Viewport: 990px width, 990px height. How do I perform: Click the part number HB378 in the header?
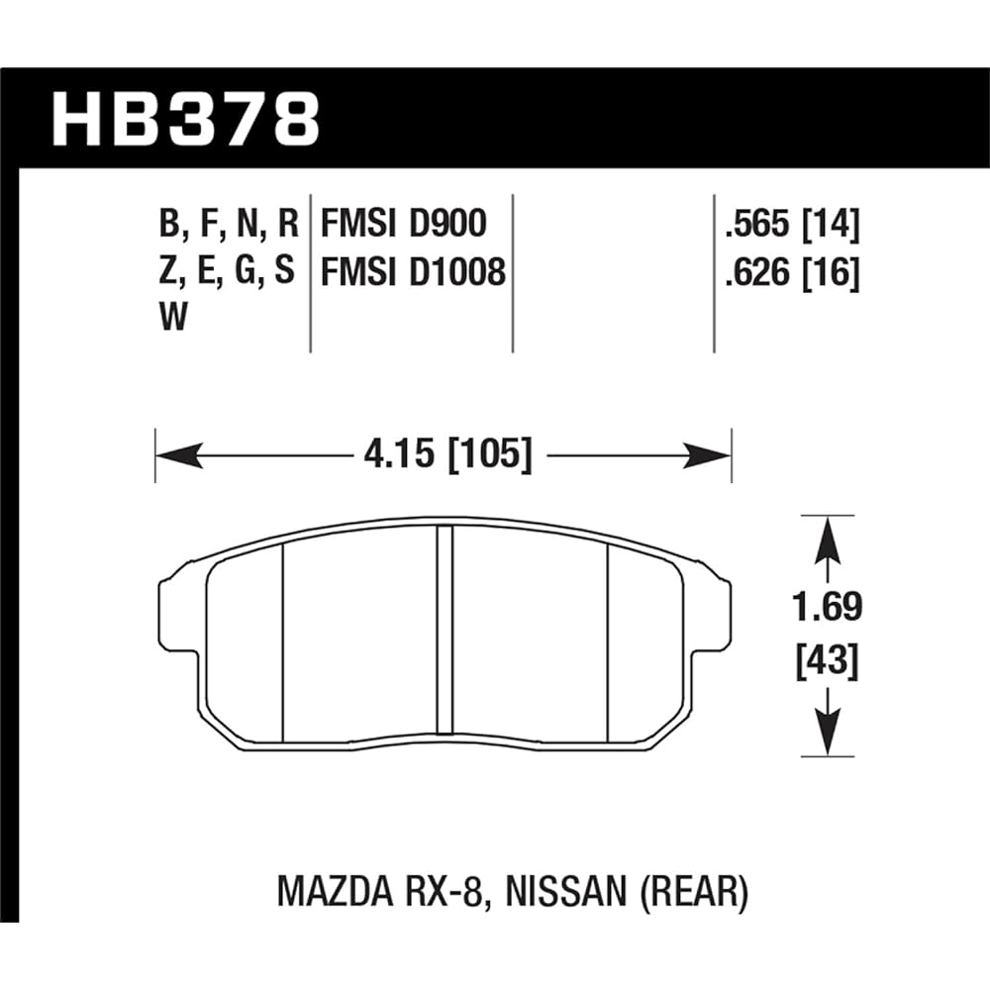185,119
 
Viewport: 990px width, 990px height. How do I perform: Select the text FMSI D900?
403,226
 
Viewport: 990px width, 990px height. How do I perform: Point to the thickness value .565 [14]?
792,226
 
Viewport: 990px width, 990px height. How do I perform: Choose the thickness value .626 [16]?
792,270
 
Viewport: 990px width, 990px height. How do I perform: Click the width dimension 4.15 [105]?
443,455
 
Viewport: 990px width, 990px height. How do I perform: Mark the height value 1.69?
827,607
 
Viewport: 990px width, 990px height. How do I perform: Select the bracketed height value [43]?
827,658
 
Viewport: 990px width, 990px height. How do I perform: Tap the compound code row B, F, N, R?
228,226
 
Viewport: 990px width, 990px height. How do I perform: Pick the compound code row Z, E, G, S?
228,270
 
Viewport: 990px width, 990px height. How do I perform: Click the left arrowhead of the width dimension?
173,455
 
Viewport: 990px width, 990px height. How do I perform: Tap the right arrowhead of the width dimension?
713,455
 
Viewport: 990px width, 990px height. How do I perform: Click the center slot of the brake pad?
445,634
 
